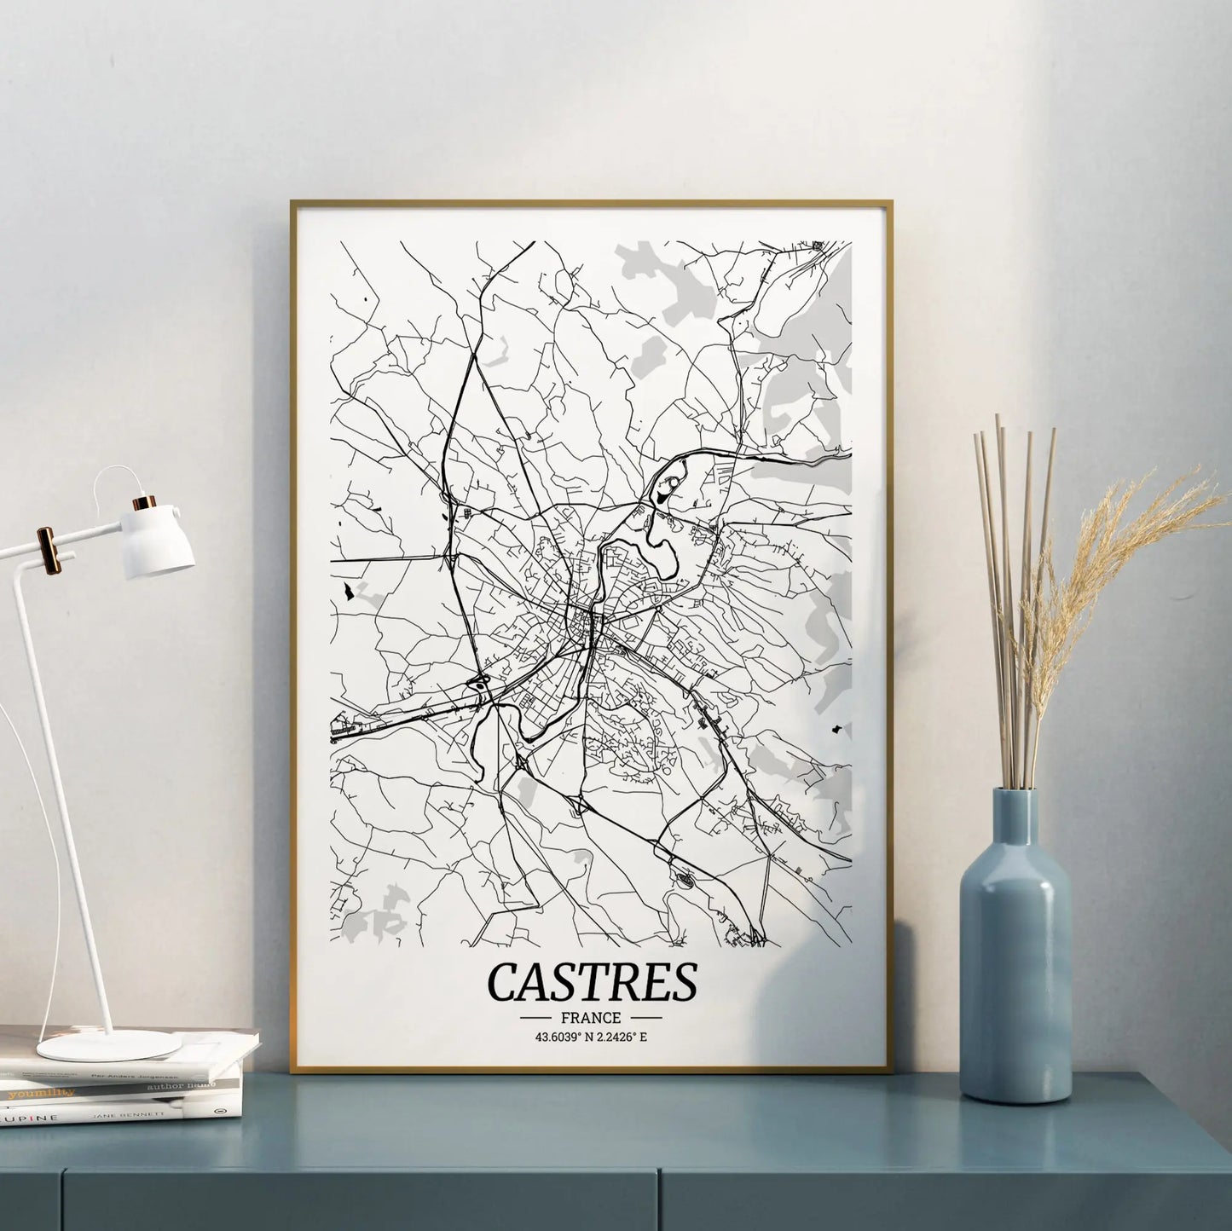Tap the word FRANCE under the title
(590, 1018)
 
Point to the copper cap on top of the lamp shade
(147, 501)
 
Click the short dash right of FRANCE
(645, 1018)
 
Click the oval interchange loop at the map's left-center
(479, 683)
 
